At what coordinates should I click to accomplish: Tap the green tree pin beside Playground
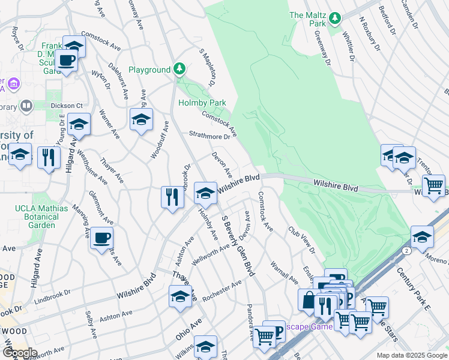point(179,70)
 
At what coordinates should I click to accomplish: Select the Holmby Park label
point(202,103)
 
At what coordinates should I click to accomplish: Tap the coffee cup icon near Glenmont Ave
point(101,238)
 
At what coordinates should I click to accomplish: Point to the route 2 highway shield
point(408,250)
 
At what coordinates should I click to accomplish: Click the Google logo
point(19,352)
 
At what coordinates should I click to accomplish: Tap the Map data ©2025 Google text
point(411,355)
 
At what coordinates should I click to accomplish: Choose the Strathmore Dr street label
point(210,136)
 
